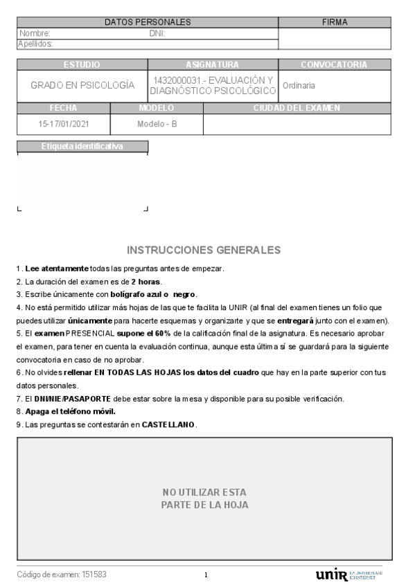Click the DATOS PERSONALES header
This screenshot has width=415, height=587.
pos(148,22)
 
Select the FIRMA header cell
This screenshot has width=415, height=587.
pos(335,22)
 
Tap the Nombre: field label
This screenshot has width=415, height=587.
pos(35,33)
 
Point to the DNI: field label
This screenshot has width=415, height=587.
pos(157,33)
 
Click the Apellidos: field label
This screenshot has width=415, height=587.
pos(36,44)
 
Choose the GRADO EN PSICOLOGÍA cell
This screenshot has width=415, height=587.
pos(82,86)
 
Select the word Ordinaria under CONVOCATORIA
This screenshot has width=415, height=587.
pos(299,86)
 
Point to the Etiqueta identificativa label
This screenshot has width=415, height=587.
pos(82,146)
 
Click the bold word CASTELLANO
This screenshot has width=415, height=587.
pos(169,424)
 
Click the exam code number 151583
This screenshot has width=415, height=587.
pos(94,575)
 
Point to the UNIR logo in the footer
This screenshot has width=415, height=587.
pos(332,575)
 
